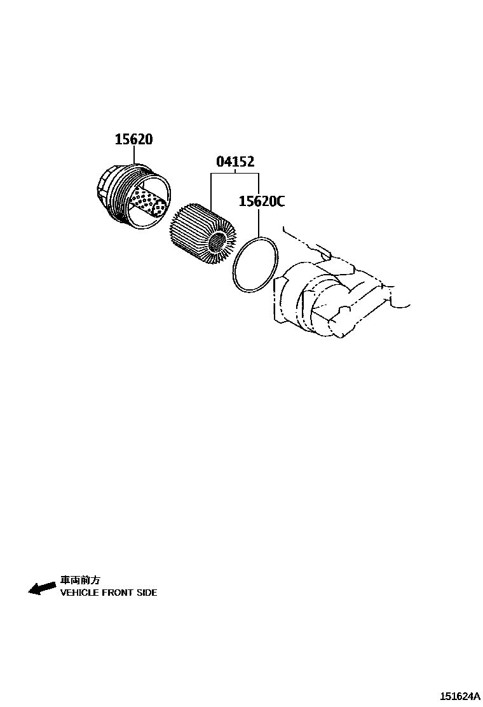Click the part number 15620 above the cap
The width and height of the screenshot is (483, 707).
coord(133,139)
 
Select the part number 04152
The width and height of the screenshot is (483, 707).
coord(235,162)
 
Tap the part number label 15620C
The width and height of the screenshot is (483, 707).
coord(261,202)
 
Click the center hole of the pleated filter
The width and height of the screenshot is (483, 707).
coord(218,242)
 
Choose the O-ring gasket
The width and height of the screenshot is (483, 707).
coord(255,265)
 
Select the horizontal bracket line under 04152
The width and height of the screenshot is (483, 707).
coord(235,173)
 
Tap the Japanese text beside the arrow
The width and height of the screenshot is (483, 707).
coord(80,580)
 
